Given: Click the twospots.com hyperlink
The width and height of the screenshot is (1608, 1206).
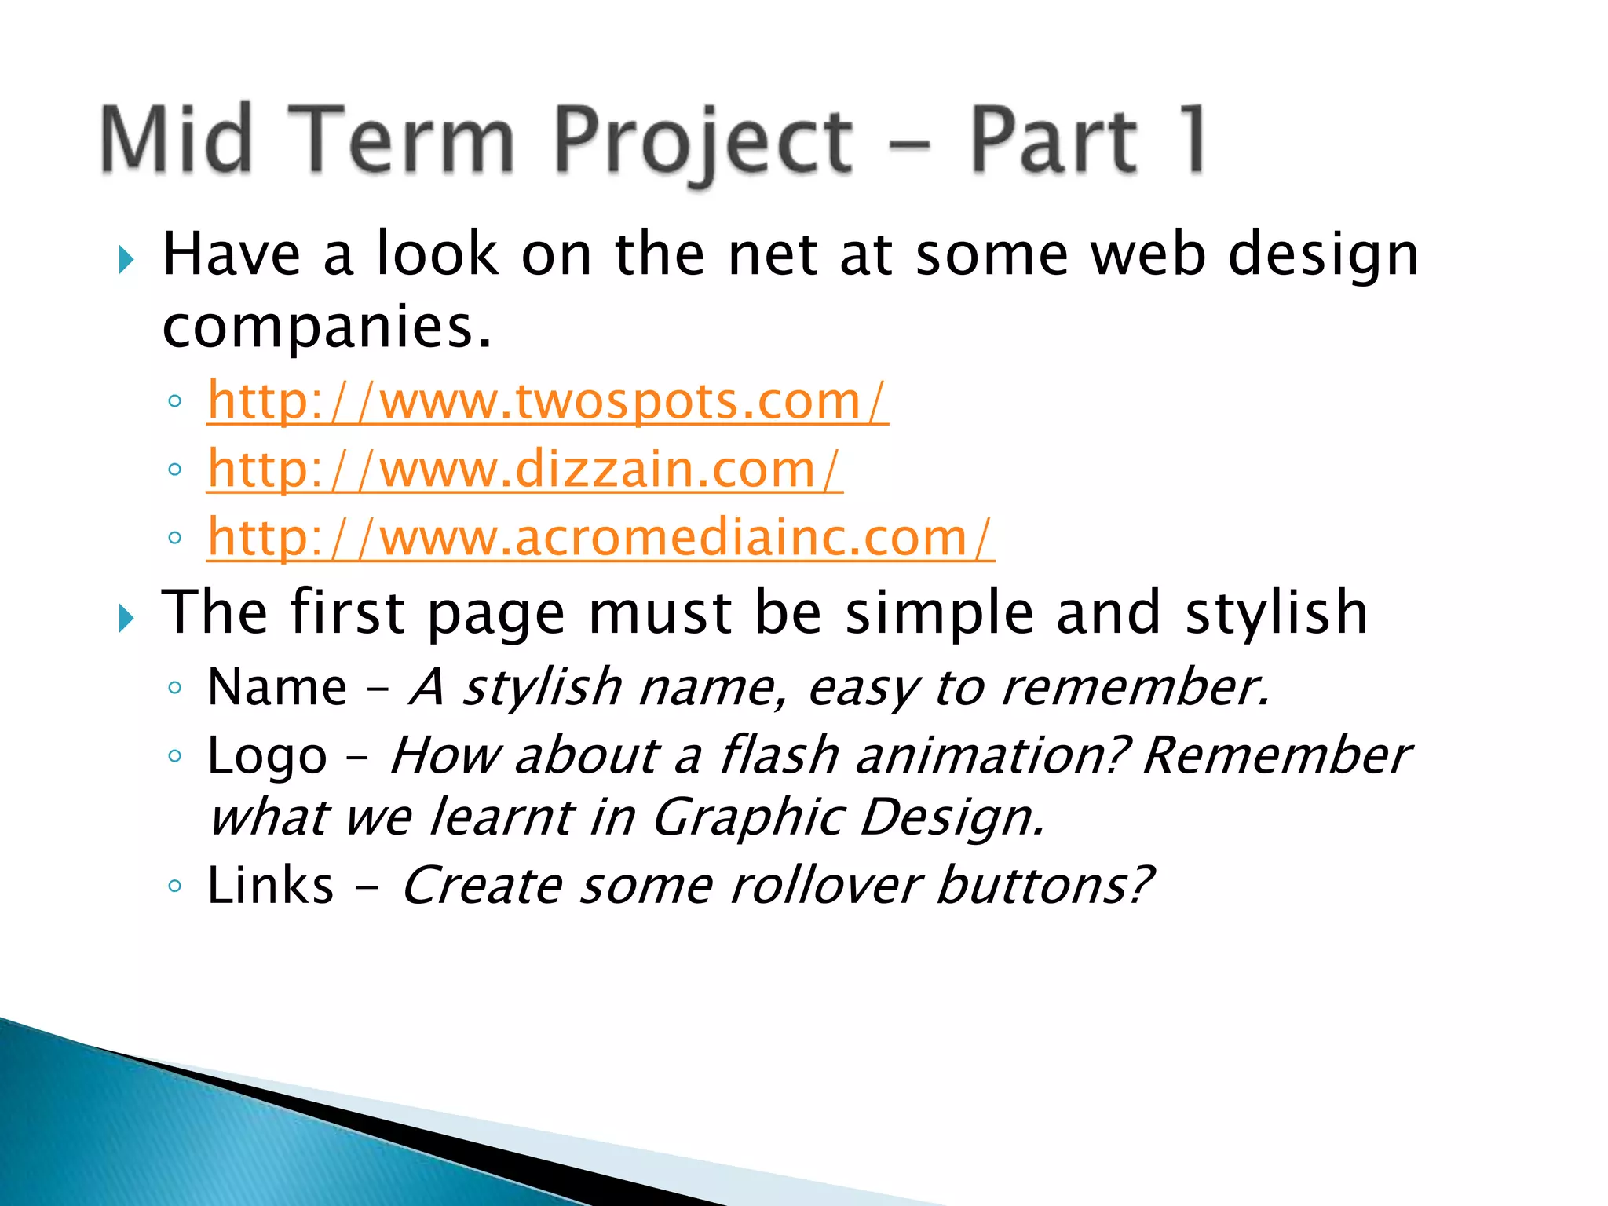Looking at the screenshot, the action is (547, 401).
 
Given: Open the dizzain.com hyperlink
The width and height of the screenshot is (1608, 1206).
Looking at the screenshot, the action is (524, 470).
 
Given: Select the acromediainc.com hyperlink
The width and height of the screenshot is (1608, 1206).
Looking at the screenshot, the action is (601, 538).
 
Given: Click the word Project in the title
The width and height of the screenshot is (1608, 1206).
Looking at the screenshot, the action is (703, 141).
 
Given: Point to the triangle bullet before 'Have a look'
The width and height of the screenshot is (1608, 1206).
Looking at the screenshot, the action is (126, 259).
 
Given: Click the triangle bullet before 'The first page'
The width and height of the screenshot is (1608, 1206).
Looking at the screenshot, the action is (126, 618).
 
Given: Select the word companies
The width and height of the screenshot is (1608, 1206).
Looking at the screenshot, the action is (326, 327).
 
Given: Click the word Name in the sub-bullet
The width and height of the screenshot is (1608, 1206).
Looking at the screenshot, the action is (277, 687).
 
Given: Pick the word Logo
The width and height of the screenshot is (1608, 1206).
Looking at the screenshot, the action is (267, 757).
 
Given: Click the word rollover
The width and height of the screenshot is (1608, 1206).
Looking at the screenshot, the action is (825, 886).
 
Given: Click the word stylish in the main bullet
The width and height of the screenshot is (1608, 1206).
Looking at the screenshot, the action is (1276, 613).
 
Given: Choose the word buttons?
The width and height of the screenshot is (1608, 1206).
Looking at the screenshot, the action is (1045, 886).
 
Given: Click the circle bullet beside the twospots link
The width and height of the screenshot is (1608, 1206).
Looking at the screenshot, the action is (175, 401).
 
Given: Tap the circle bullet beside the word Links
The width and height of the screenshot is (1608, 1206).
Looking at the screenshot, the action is (175, 886).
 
